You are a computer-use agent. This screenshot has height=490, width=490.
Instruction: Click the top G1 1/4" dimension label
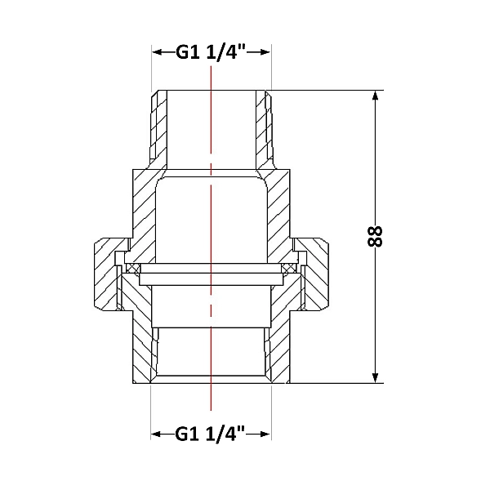pos(211,52)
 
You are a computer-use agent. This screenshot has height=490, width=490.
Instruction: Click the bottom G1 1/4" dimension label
pos(210,434)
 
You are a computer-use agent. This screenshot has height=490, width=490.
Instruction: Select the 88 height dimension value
pos(375,237)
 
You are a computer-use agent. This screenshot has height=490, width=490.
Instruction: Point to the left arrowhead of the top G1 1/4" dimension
pos(157,52)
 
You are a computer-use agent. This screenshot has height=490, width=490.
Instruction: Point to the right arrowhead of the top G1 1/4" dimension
pos(265,52)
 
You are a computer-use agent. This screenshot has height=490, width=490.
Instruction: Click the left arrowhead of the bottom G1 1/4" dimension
pos(156,434)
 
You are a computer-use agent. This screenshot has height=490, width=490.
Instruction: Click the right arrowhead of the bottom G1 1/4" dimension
pos(265,434)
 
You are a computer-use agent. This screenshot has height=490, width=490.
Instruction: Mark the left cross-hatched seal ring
pos(133,268)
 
